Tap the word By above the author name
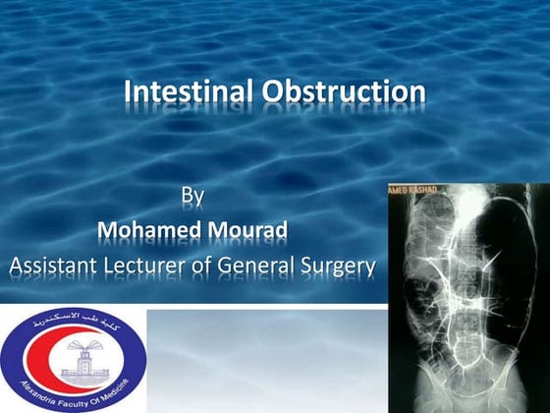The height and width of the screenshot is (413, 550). click(x=192, y=196)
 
